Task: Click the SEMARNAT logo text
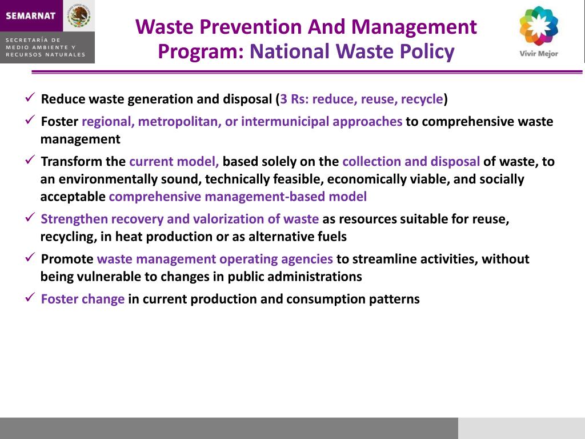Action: [x=31, y=15]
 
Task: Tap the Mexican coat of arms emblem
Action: [x=79, y=15]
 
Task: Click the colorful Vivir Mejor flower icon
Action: [x=538, y=26]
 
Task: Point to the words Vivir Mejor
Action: [x=538, y=54]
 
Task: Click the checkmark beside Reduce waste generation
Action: [x=31, y=98]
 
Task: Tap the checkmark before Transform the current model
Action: [x=31, y=161]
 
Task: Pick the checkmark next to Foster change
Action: [x=31, y=298]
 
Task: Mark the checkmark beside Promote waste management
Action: [x=31, y=258]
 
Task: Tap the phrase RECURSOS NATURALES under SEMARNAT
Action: [x=46, y=55]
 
